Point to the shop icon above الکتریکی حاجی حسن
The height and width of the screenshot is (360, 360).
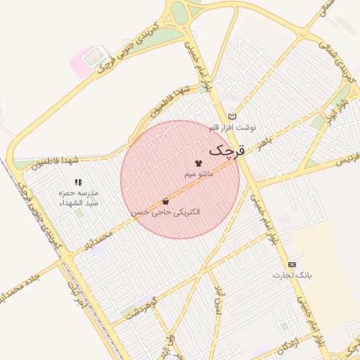(x=165, y=201)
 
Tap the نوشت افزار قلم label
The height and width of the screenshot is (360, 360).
(x=233, y=127)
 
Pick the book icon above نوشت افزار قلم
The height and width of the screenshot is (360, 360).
(x=232, y=117)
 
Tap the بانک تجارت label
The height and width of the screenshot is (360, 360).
(x=292, y=275)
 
